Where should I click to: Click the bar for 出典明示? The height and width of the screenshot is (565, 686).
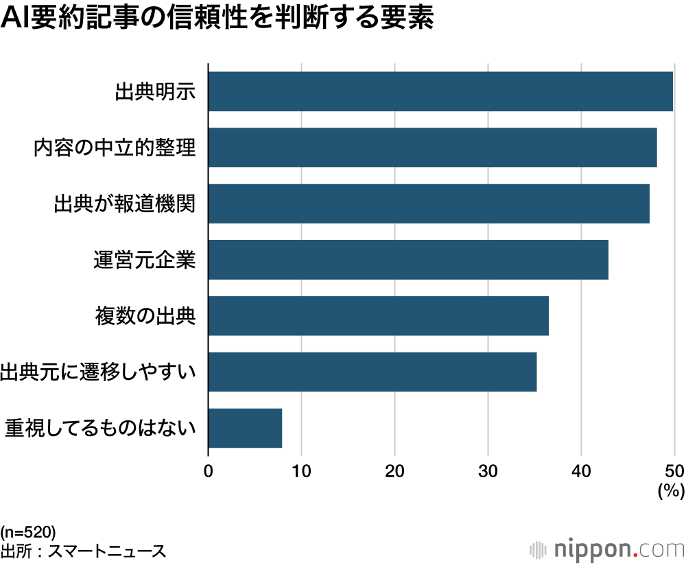point(440,91)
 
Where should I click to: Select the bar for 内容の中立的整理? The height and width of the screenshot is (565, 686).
point(432,147)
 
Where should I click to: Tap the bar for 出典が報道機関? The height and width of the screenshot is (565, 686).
point(429,204)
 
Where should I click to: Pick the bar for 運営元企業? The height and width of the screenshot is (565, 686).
point(408,260)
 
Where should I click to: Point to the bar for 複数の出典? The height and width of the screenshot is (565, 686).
point(378,316)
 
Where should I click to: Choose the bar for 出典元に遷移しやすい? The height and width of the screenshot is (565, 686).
point(372,372)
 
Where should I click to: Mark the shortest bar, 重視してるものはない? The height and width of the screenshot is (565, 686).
point(245,429)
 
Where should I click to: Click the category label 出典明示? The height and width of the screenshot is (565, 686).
point(156,91)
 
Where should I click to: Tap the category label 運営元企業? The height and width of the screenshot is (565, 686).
point(145,261)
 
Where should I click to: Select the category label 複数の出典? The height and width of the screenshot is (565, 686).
point(145,316)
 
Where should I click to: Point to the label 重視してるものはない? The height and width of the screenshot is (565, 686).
point(101,429)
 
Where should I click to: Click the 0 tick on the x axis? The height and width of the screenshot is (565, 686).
point(209,471)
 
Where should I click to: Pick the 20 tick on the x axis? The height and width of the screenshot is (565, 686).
point(395,471)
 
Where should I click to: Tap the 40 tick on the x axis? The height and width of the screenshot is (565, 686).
point(582,471)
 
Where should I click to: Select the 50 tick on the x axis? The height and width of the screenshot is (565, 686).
point(674,471)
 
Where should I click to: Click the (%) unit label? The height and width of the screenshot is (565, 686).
point(671,491)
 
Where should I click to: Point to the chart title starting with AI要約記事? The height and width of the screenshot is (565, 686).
point(218,19)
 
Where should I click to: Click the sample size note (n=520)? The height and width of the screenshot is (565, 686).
point(28,532)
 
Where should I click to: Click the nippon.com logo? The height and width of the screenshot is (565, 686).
point(608,549)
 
